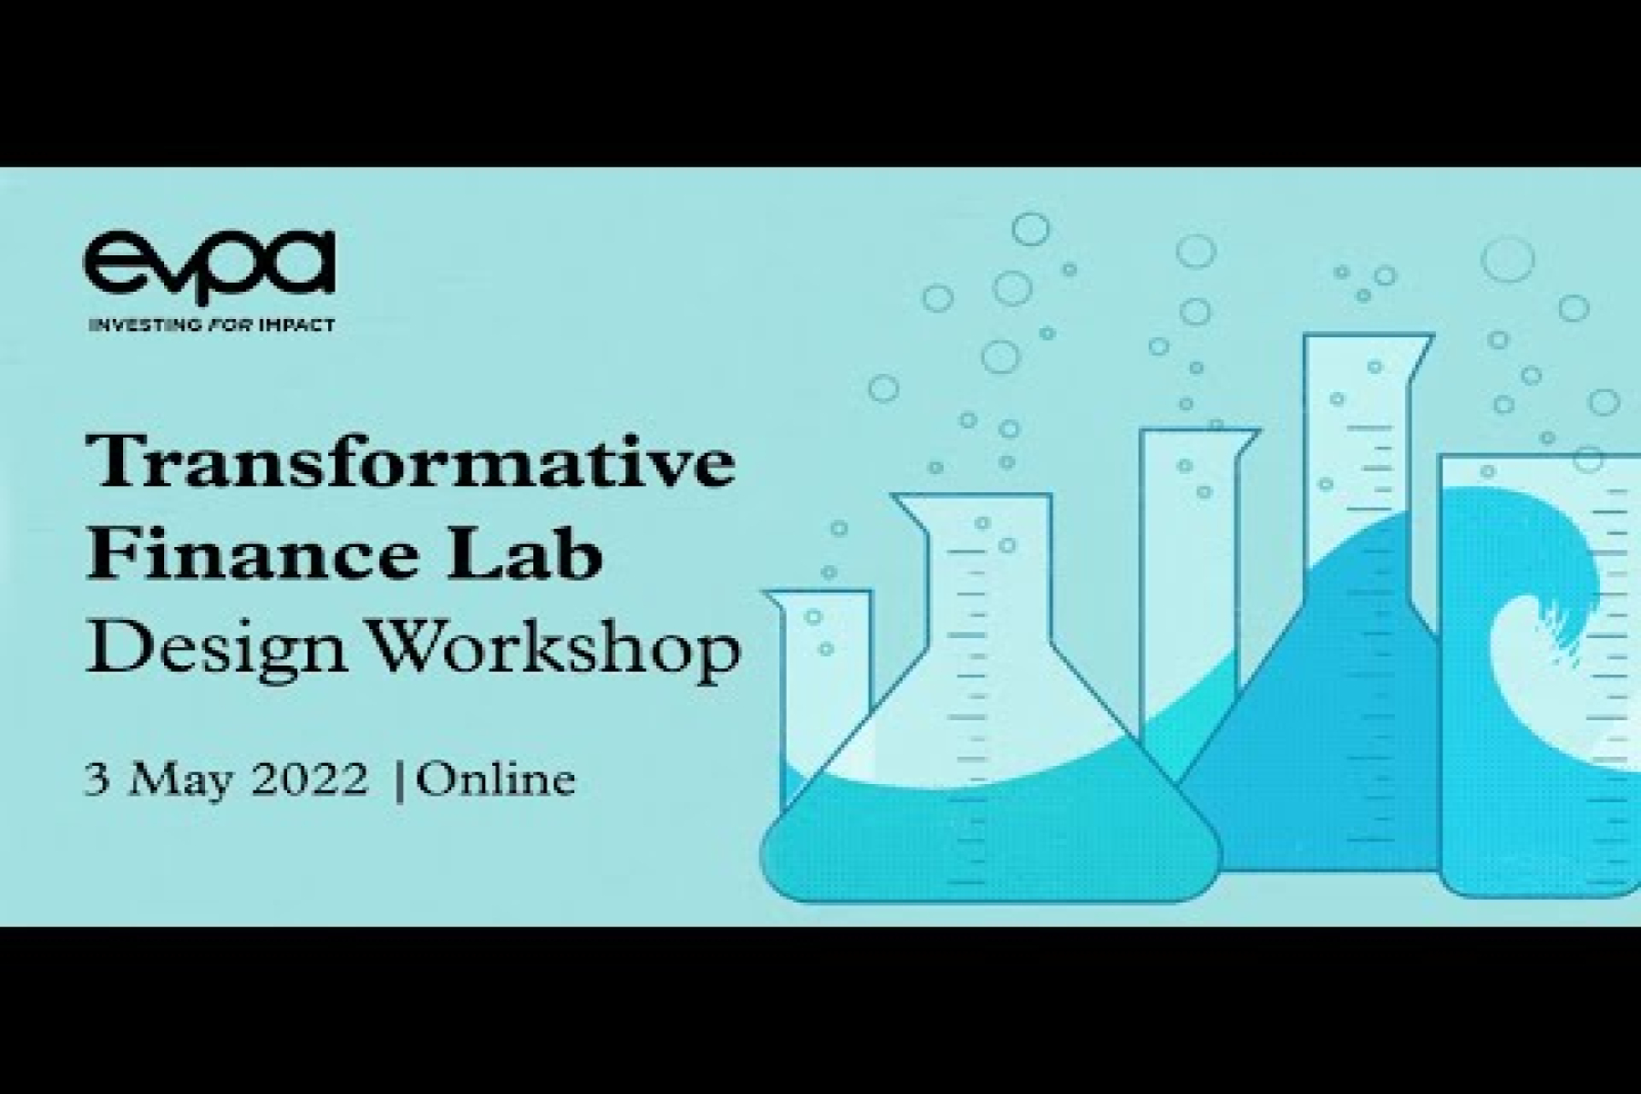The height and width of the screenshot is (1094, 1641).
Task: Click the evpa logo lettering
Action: coord(211,265)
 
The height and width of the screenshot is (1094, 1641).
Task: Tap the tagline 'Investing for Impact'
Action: coord(212,325)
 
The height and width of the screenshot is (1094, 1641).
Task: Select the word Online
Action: coord(497,780)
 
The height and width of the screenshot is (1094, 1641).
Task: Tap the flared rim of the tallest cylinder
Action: coord(1368,343)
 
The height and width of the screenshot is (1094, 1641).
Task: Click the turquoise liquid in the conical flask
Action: coord(989,839)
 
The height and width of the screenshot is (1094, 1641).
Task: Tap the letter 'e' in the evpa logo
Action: coord(113,264)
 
